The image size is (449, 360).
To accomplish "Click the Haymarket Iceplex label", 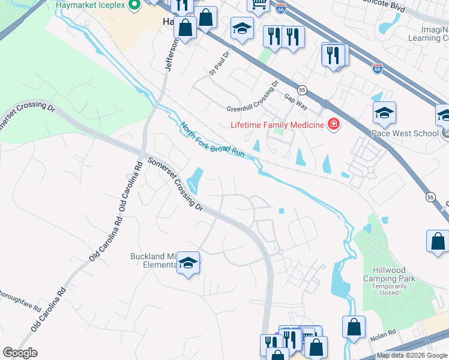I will (90, 5).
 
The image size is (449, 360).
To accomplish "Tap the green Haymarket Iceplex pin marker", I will (134, 5).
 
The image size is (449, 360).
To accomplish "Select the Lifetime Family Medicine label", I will (277, 125).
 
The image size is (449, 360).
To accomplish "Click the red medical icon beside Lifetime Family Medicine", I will (333, 125).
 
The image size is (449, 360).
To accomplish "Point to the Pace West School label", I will (405, 133).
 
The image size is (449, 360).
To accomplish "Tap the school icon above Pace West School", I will (384, 112).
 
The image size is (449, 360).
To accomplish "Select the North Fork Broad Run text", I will (213, 140).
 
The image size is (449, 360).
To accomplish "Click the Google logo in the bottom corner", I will (20, 353).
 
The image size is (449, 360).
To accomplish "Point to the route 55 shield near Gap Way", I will (303, 89).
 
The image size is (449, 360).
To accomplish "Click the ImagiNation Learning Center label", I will (424, 34).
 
